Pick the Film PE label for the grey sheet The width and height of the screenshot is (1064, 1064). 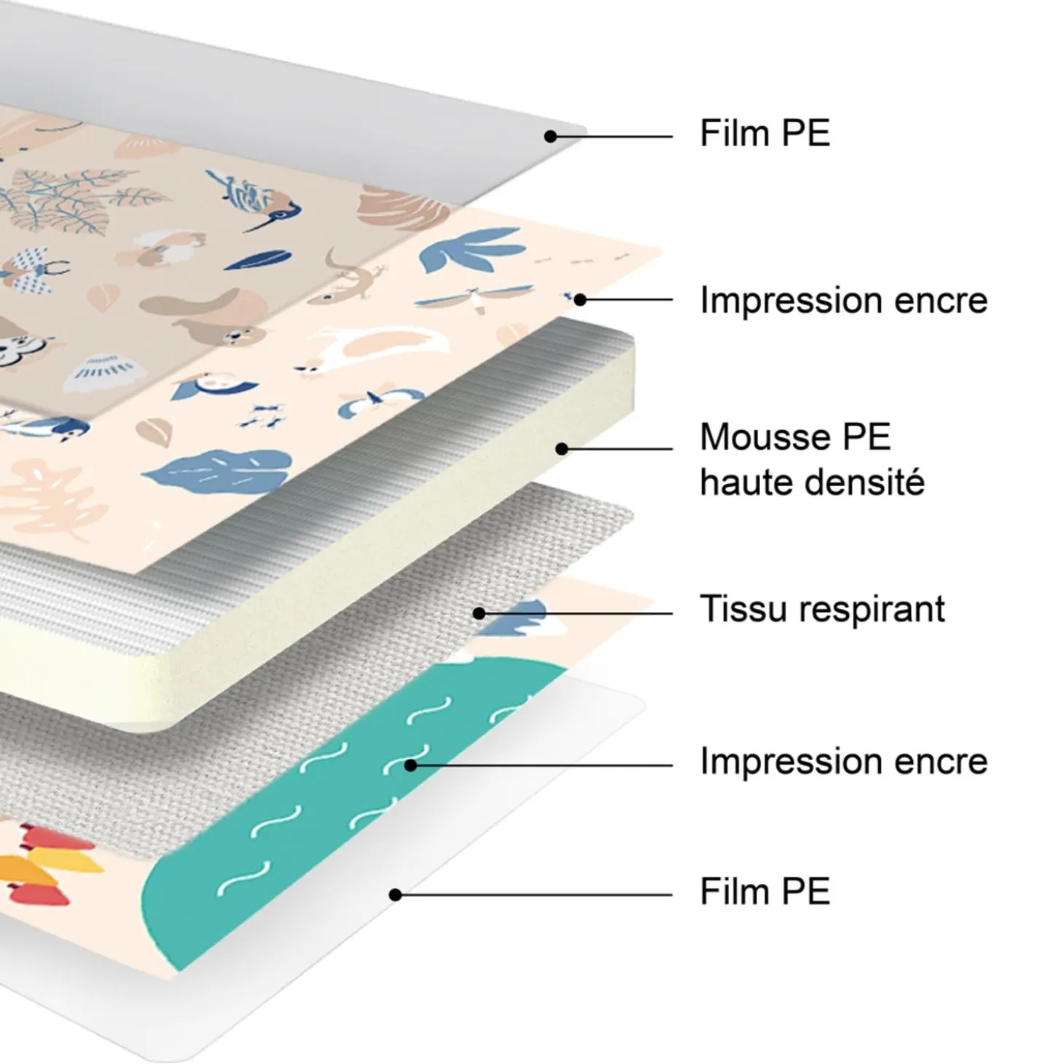[x=765, y=133]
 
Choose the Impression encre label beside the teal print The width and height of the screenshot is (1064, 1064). [x=844, y=762]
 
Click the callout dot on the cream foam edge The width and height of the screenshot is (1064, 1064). [x=562, y=449]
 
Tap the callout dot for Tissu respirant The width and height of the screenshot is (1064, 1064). [x=480, y=613]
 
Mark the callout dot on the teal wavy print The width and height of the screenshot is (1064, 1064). [x=410, y=765]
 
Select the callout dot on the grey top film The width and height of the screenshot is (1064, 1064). [x=550, y=136]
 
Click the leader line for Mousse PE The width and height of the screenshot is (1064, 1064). [x=617, y=449]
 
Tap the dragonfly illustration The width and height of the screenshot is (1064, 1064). [x=474, y=298]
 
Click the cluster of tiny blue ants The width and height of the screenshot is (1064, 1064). [x=263, y=416]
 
